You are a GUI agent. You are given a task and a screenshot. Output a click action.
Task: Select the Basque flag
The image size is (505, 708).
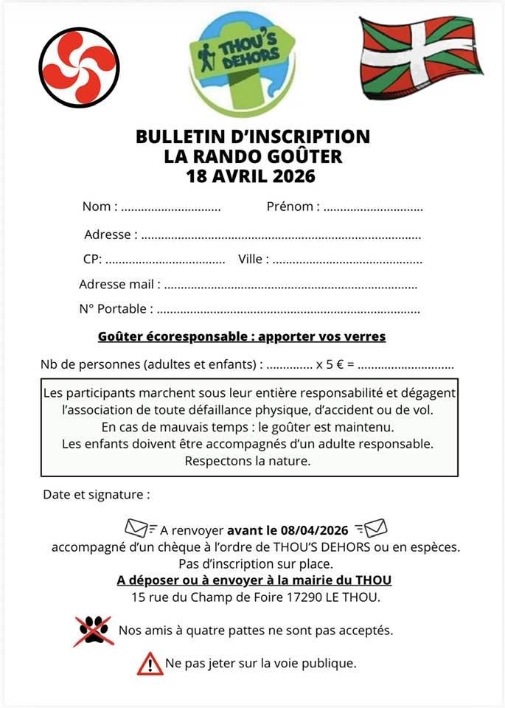click(419, 58)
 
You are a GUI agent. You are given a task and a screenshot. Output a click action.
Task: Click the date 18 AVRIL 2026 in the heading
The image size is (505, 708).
click(252, 176)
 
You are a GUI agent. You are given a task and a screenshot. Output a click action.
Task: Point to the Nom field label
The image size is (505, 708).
click(97, 206)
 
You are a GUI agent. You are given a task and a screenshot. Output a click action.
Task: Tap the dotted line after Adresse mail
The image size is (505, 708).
click(290, 286)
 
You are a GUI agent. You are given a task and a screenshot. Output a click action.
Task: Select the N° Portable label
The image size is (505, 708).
click(116, 309)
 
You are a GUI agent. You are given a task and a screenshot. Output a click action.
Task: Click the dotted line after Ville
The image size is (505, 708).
click(347, 261)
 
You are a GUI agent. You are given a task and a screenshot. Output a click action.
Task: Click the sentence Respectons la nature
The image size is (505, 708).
click(248, 461)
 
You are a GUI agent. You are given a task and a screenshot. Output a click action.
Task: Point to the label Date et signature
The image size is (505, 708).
click(97, 495)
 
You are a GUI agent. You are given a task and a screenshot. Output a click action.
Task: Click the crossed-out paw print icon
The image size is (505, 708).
click(94, 631)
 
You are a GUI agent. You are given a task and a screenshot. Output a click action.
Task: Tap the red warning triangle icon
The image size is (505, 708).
click(150, 664)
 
